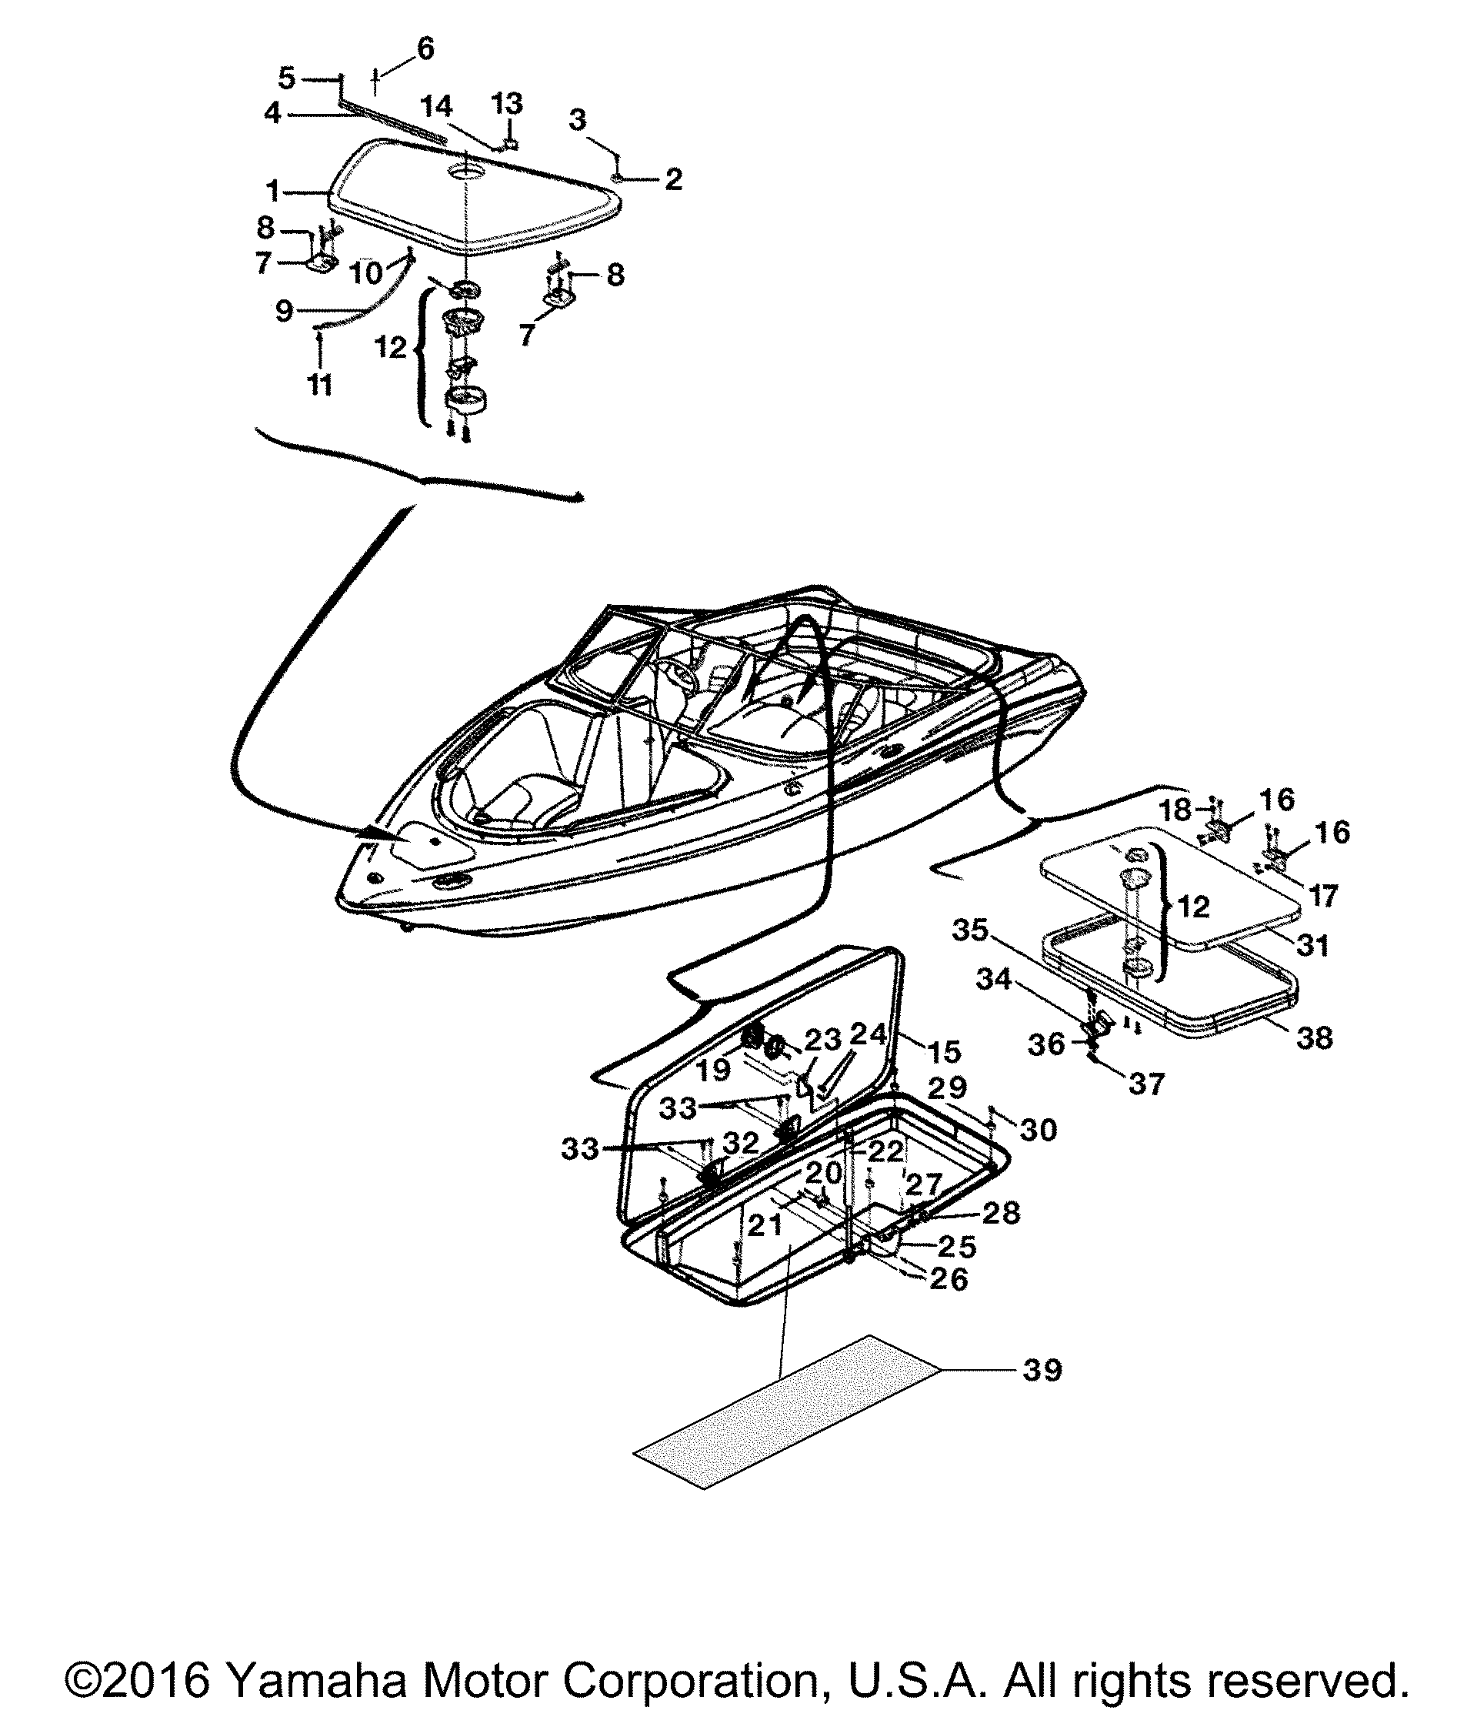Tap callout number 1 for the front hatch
pyautogui.click(x=272, y=192)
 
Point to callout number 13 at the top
pyautogui.click(x=507, y=104)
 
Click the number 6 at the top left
pyautogui.click(x=425, y=48)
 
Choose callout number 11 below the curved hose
pyautogui.click(x=320, y=385)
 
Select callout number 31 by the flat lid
pyautogui.click(x=1312, y=944)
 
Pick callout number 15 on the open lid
pyautogui.click(x=944, y=1051)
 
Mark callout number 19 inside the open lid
pyautogui.click(x=713, y=1069)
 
